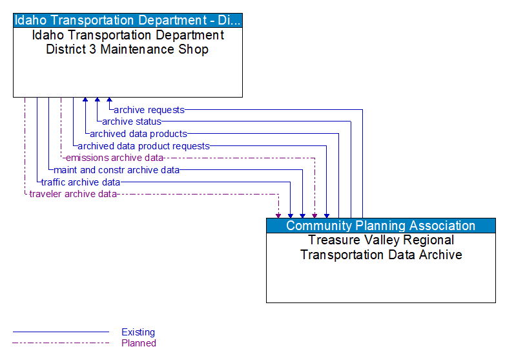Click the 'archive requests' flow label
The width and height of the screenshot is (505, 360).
tap(149, 110)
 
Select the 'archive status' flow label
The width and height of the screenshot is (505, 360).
tap(132, 122)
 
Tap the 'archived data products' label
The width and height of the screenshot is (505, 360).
tap(138, 134)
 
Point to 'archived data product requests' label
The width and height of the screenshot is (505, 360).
tap(143, 146)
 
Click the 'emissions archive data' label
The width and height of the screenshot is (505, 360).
tap(114, 158)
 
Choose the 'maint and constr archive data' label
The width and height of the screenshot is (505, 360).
tap(116, 170)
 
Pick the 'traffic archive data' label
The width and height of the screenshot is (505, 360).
tap(81, 182)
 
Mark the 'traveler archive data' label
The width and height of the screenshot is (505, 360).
tap(73, 194)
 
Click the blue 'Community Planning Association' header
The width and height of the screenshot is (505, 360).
tap(380, 226)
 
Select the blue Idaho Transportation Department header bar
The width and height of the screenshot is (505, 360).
tap(128, 19)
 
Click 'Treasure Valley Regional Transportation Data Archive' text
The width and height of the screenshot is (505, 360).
tap(380, 247)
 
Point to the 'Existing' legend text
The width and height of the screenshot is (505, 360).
tap(138, 332)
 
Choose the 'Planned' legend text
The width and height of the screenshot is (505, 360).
tap(139, 343)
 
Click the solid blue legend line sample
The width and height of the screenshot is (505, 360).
tap(61, 332)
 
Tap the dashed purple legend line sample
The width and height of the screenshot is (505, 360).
tap(61, 343)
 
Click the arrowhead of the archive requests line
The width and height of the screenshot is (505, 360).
tap(109, 101)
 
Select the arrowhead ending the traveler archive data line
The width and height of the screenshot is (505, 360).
tap(278, 215)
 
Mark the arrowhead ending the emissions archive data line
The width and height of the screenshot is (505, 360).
tap(314, 215)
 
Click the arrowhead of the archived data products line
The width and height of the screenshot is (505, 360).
tap(85, 101)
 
